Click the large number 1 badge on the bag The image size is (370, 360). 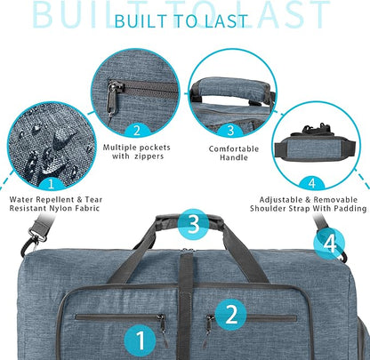point(138,339)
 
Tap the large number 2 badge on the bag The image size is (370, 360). point(231,313)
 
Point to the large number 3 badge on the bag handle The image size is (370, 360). point(192,224)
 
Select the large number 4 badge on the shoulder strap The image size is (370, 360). point(330,242)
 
